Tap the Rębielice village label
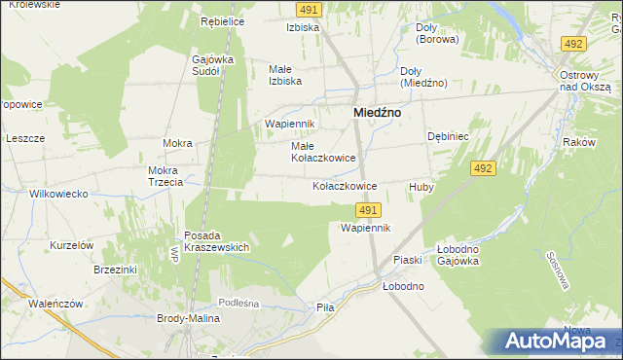pos(221,21)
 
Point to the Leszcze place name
pos(25,138)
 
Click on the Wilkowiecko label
pos(45,194)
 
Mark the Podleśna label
pos(238,304)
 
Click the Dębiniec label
pos(449,137)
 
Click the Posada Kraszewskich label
pos(216,241)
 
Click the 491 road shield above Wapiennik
pos(367,209)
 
